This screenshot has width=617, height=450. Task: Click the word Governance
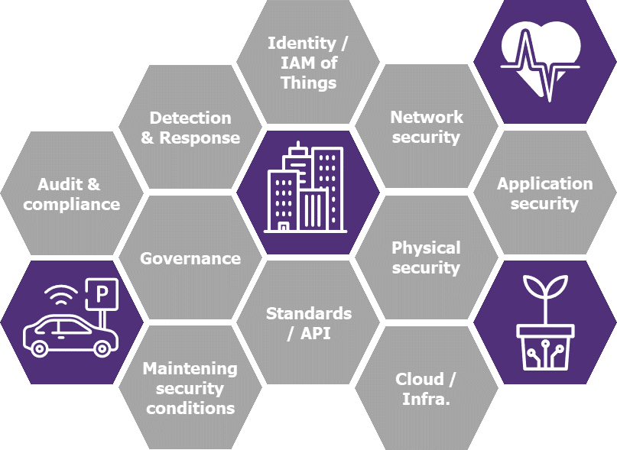190,258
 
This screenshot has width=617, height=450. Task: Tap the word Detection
190,118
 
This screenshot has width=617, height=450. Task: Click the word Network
427,117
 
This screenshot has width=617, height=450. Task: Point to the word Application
544,184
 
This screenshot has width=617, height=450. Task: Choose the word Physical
426,248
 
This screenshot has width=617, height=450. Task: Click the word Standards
309,313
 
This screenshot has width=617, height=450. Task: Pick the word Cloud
420,379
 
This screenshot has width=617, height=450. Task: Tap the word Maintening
190,369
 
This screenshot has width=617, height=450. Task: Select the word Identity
302,44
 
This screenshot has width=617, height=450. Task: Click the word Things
309,83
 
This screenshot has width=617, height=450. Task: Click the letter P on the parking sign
102,293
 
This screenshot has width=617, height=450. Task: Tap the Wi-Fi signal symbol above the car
61,295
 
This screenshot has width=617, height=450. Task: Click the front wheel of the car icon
102,348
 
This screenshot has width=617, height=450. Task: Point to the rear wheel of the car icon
39,348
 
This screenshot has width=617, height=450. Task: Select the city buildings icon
305,188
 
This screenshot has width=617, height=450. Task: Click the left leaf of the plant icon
534,287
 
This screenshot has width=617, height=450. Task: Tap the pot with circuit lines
545,347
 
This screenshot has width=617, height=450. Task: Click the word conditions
190,408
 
